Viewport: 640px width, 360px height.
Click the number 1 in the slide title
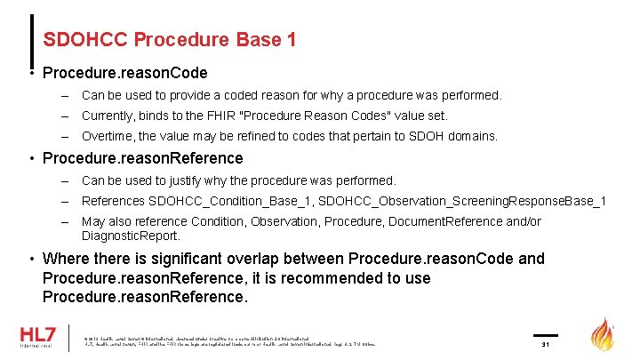point(291,40)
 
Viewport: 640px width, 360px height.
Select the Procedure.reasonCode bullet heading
point(124,73)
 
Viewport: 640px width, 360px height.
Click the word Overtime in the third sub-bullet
point(110,137)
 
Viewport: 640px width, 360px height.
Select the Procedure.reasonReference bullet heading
point(142,158)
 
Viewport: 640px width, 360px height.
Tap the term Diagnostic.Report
point(132,236)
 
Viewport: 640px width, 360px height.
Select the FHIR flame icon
point(604,337)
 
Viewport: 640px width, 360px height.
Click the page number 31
point(546,344)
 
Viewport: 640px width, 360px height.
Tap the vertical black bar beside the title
point(34,40)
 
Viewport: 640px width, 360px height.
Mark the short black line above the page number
point(546,334)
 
